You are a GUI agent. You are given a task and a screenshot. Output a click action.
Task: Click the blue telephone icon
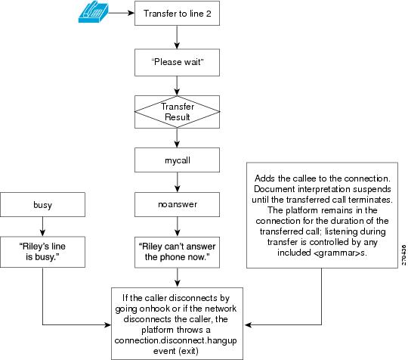tap(93, 13)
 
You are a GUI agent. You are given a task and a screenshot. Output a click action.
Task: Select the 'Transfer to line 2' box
tap(177, 14)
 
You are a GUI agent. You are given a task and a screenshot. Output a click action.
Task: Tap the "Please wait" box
tap(177, 62)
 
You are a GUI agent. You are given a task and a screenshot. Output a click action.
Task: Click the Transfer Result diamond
tap(177, 112)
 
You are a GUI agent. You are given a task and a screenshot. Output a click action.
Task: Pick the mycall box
tap(177, 160)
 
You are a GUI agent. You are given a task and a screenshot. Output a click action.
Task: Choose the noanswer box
tap(177, 204)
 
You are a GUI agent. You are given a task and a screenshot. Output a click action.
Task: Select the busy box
tap(42, 204)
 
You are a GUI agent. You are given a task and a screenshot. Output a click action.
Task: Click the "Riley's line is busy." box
tap(42, 252)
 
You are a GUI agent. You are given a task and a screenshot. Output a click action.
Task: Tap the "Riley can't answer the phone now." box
tap(177, 252)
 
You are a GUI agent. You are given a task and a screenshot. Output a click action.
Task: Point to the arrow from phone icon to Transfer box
tap(121, 13)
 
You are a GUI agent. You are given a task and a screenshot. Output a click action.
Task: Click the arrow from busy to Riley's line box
tap(42, 227)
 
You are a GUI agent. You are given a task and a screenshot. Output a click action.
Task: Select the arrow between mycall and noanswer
tap(178, 182)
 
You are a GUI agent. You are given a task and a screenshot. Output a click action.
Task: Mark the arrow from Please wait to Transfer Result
tap(177, 86)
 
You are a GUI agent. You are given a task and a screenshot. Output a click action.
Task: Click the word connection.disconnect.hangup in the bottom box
tap(175, 340)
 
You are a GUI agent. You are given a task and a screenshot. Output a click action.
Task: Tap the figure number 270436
tap(403, 255)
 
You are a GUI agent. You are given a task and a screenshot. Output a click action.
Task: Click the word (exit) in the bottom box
tap(189, 351)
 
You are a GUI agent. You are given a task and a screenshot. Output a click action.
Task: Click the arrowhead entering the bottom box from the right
tap(248, 325)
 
